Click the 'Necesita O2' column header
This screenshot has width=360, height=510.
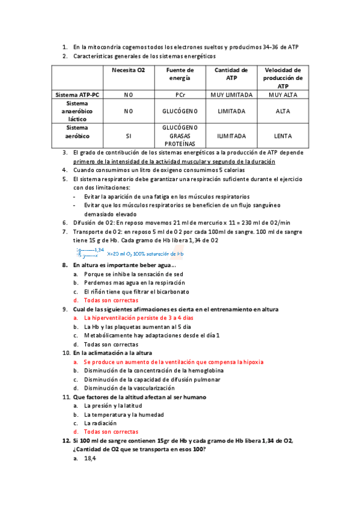click(129, 70)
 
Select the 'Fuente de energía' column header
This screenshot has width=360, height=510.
click(180, 74)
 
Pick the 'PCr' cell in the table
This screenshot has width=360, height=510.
click(180, 95)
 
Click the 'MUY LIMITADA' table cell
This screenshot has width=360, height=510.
click(231, 95)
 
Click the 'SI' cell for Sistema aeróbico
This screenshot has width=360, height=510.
click(129, 136)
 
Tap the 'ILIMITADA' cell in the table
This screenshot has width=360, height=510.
click(231, 136)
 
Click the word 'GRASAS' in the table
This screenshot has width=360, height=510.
click(180, 136)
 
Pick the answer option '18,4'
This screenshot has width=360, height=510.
click(90, 458)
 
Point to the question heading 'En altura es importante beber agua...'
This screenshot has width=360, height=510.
click(124, 265)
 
